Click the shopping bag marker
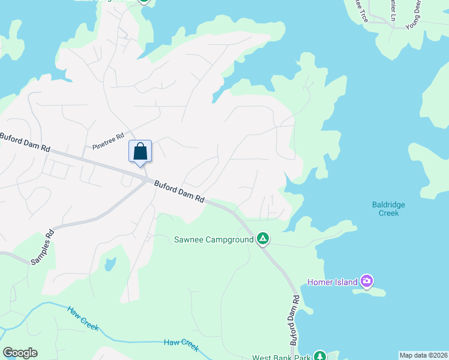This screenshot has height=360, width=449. pos(140,151)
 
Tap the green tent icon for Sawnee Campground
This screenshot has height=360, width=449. pos(262,239)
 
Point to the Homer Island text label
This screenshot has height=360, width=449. pos(333,281)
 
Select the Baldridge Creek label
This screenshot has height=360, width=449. pos(388,209)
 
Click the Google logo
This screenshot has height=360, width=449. pos(20,353)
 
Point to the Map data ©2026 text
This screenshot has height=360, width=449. pos(423,355)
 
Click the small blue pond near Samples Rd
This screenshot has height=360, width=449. pos(110,263)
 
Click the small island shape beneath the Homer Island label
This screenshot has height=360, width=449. pos(369,292)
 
